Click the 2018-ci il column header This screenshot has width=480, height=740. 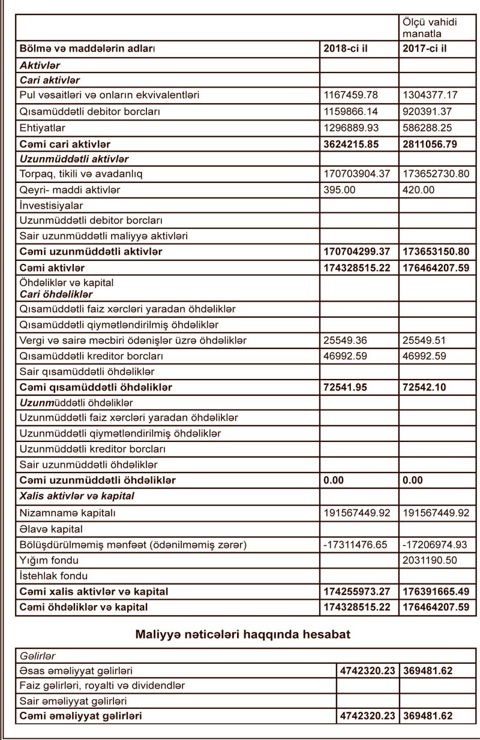344,49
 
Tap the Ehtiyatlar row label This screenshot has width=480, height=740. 43,128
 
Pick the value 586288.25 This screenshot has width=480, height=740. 427,128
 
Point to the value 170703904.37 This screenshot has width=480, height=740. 357,175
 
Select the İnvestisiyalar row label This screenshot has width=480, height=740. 52,206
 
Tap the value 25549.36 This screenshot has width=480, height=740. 346,341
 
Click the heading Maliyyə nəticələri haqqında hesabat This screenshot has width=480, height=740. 242,634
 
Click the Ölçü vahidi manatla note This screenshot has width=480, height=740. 430,28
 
